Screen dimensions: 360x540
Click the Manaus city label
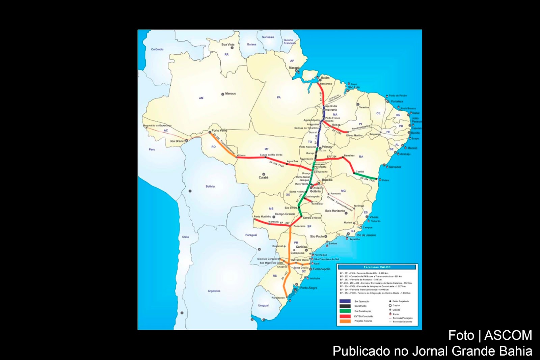coord(231,93)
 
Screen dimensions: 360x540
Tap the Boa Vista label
coord(228,45)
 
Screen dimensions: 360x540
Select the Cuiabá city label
coord(264,177)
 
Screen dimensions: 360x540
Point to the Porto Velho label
coord(219,130)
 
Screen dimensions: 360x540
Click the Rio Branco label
coord(178,141)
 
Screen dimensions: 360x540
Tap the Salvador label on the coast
coord(395,167)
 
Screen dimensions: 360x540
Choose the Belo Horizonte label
coord(335,211)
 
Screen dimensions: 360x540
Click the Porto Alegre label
coord(308,288)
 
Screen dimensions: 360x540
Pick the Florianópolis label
coord(321,269)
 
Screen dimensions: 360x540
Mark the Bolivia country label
coord(210,186)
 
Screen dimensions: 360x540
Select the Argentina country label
coord(214,291)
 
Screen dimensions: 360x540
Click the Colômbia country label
coord(157,49)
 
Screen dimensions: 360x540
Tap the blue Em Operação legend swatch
coord(345,301)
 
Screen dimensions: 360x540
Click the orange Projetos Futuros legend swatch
coord(345,321)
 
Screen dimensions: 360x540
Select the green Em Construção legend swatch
coord(345,311)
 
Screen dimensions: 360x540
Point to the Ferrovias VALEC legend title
coord(377,267)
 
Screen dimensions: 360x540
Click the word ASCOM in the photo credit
coord(508,335)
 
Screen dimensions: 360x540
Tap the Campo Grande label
coord(285,214)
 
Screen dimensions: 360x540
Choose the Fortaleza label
coord(397,101)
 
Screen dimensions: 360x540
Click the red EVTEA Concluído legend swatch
coord(345,316)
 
